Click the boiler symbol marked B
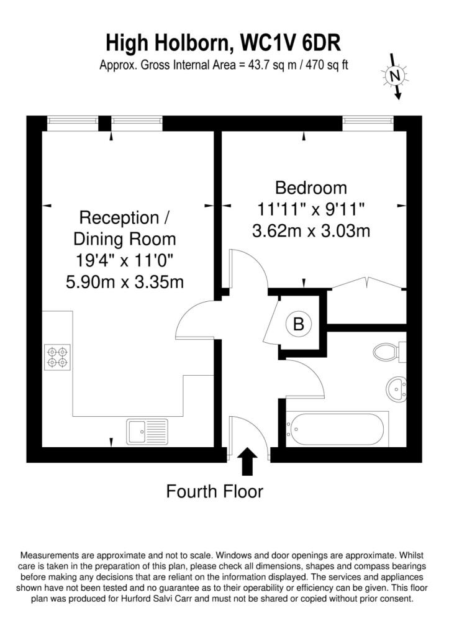click(x=299, y=324)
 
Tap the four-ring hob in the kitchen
click(x=57, y=357)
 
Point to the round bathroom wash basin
click(x=396, y=388)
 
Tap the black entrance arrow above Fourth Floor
click(x=247, y=461)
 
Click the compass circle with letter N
click(x=394, y=75)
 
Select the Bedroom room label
click(x=311, y=188)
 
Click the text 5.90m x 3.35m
click(x=125, y=282)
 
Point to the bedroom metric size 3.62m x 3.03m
click(x=311, y=231)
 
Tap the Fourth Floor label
click(x=214, y=491)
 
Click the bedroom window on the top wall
click(x=368, y=120)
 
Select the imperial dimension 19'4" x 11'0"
click(x=125, y=260)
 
